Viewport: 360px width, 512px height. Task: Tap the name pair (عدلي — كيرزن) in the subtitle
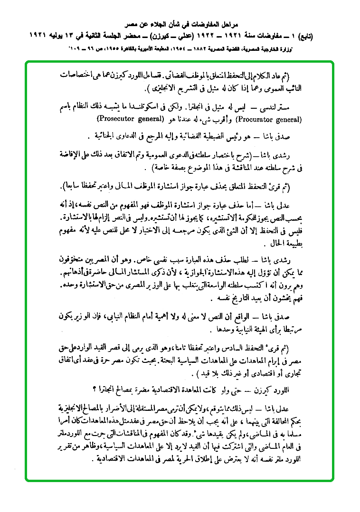[171, 36]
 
